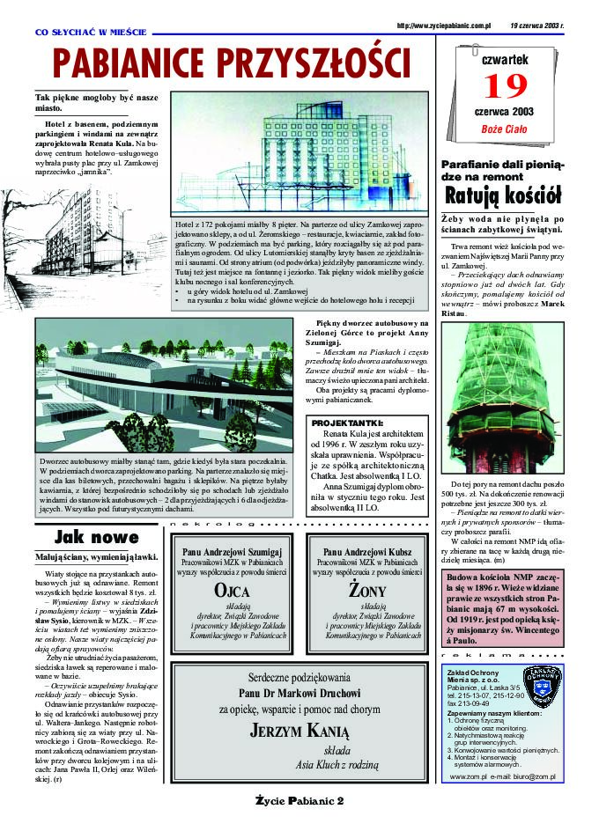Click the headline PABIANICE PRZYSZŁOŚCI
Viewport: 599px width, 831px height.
(x=232, y=63)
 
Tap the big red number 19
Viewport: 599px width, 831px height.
(x=502, y=86)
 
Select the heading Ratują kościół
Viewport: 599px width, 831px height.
(x=502, y=195)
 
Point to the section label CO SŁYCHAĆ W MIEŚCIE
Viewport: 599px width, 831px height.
(x=91, y=32)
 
